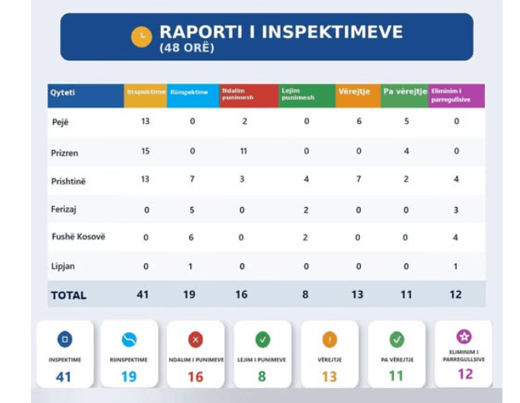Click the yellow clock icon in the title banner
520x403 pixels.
(x=141, y=36)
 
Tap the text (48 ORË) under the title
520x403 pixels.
(x=187, y=48)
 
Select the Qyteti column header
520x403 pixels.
(x=63, y=93)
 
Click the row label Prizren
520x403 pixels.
(x=65, y=152)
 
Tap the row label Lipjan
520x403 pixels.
(x=63, y=267)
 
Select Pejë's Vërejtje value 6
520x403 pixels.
(x=358, y=122)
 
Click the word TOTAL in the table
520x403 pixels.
(x=68, y=295)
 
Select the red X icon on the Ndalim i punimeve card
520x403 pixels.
(x=195, y=340)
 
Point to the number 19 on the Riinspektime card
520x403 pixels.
(x=128, y=376)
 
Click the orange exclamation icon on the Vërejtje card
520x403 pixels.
(x=329, y=340)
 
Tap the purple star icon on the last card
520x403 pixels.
(x=464, y=337)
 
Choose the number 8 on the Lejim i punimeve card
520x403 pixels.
(x=262, y=376)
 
